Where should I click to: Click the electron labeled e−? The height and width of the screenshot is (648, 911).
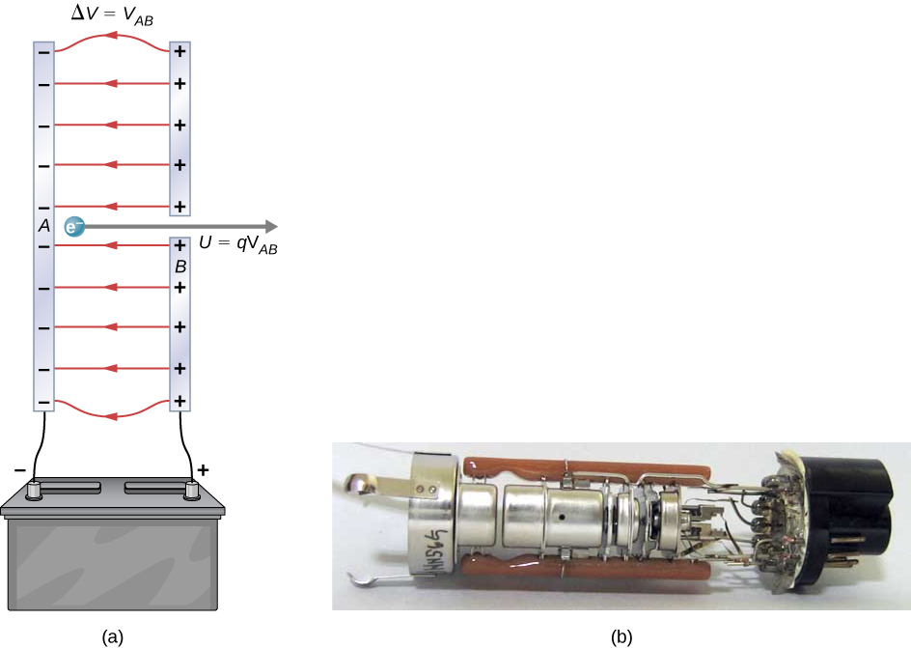tap(74, 227)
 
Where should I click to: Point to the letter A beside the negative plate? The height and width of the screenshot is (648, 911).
tap(43, 226)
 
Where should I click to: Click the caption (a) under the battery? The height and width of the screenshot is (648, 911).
tap(114, 635)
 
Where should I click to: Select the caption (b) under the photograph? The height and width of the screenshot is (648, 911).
tap(621, 635)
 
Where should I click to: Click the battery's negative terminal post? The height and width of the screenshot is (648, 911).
tap(36, 490)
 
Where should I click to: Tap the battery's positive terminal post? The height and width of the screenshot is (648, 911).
tap(190, 490)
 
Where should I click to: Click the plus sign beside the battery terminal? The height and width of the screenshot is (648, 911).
tap(203, 470)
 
